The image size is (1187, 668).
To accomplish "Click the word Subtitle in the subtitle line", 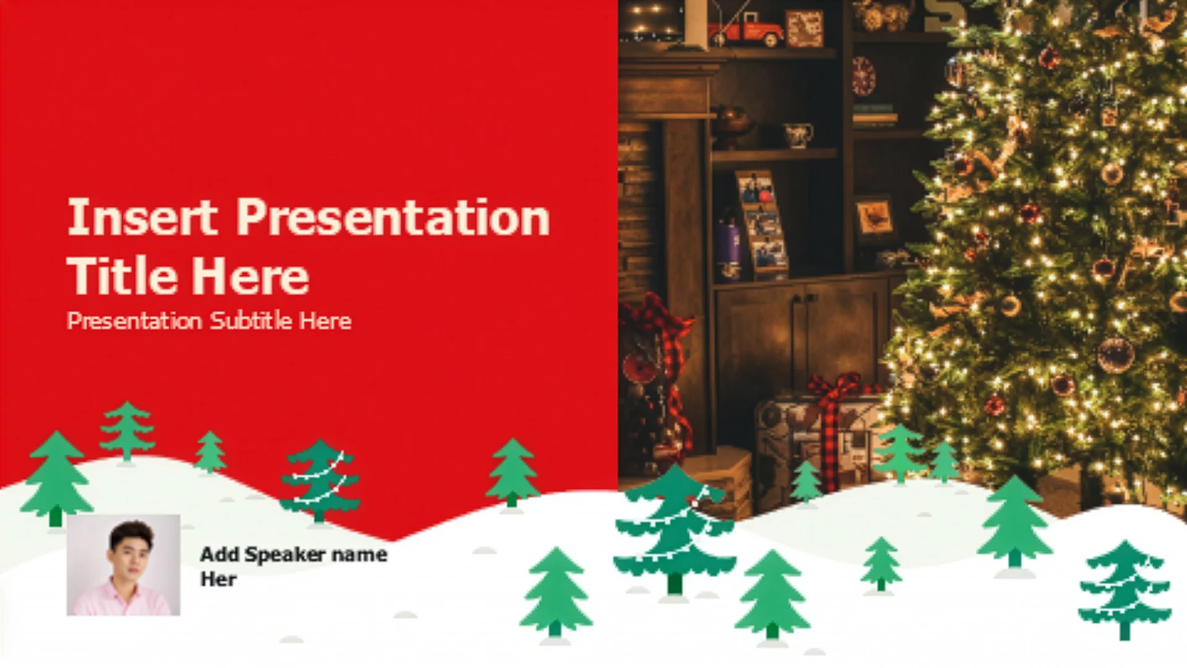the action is click(x=250, y=320).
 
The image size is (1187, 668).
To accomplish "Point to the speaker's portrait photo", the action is click(x=124, y=565).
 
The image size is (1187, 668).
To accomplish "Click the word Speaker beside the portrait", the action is click(x=285, y=555).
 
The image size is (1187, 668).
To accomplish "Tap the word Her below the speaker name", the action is click(x=218, y=579).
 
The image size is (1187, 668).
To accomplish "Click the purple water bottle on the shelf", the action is click(x=729, y=250).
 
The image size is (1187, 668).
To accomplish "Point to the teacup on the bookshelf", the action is click(x=798, y=134).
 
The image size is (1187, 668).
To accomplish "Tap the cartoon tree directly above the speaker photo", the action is click(x=56, y=479).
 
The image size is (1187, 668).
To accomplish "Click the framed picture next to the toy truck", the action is click(x=804, y=28).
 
